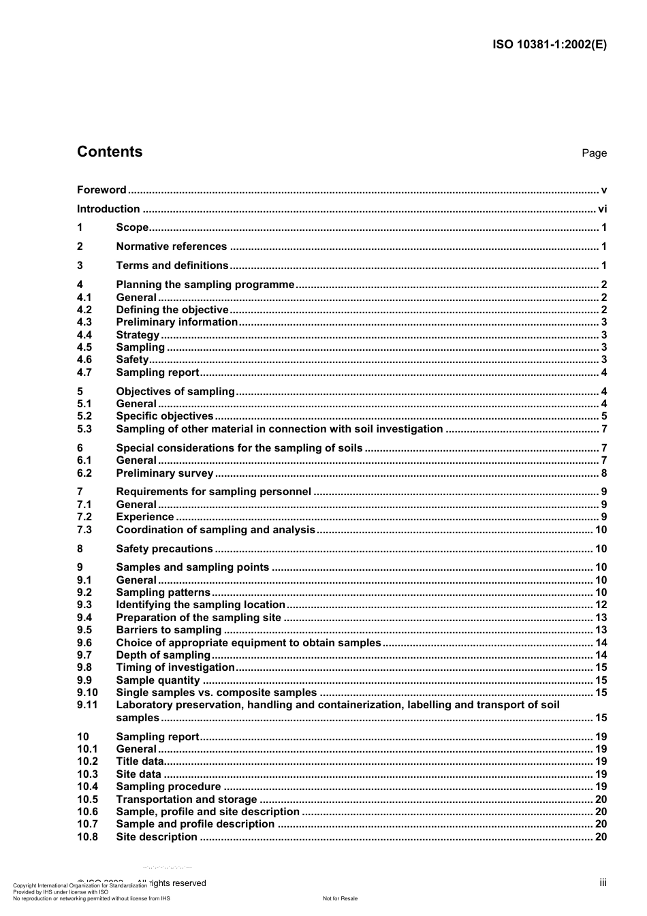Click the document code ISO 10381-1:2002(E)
(x=549, y=45)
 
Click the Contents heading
(x=110, y=152)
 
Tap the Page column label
(x=594, y=153)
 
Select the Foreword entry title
(x=101, y=190)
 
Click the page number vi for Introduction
(x=602, y=209)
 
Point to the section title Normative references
(x=171, y=247)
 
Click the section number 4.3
(x=84, y=322)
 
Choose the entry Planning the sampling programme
(x=205, y=285)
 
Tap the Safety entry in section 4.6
(x=132, y=360)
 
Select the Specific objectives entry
(x=165, y=416)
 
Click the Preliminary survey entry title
(x=165, y=473)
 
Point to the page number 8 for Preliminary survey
(x=603, y=473)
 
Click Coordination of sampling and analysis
(x=215, y=530)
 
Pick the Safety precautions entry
(x=164, y=549)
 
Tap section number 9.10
(x=87, y=693)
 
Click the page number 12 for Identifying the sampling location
(x=601, y=605)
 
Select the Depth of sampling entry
(x=163, y=655)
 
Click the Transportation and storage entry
(x=187, y=800)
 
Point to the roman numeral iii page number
(x=603, y=883)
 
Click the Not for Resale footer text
(x=340, y=898)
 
